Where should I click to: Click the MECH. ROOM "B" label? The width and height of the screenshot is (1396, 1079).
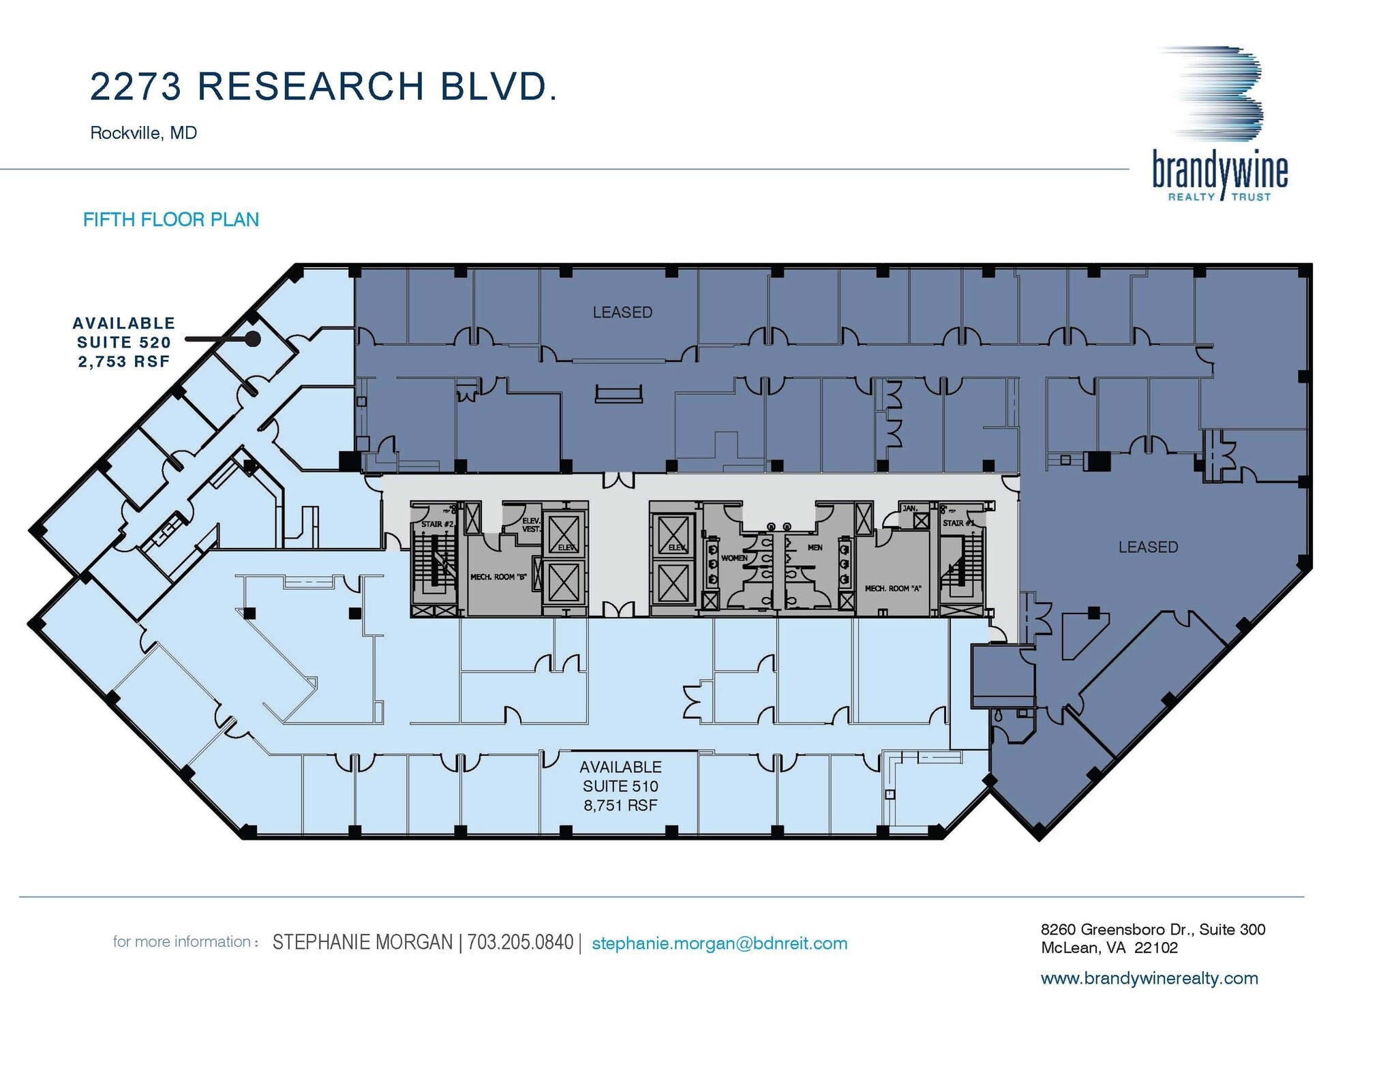pos(498,577)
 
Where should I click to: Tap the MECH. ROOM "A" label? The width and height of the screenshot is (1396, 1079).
pos(892,588)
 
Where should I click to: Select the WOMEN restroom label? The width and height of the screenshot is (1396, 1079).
pos(734,558)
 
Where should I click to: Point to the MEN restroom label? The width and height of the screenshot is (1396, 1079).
pos(815,547)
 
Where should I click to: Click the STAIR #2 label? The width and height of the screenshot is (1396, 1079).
pos(437,523)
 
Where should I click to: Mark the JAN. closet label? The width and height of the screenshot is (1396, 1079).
pos(909,508)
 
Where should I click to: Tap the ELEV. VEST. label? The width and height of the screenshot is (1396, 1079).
pos(531,525)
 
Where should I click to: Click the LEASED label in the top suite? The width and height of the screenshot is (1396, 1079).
pos(622,312)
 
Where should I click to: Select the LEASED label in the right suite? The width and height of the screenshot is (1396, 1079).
pos(1148,547)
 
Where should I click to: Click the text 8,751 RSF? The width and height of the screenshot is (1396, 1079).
pos(620,805)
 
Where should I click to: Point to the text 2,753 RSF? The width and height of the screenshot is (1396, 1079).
pos(123,361)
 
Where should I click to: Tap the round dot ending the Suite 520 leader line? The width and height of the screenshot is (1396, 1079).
pos(253,339)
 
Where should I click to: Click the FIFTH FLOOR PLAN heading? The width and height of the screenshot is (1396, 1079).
pos(171,219)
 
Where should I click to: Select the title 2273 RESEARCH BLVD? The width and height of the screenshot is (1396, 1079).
pos(324,87)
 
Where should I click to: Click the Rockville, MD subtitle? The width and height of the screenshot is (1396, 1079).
pos(143,132)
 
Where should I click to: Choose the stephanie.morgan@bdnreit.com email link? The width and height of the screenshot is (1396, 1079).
pos(719,943)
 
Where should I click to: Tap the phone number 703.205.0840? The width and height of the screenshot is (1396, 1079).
pos(520,943)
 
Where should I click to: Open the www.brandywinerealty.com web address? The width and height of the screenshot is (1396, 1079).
pos(1149,978)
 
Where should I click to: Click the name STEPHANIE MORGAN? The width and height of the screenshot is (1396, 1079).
pos(362,943)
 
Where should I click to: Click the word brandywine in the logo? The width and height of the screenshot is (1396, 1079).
pos(1219,170)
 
